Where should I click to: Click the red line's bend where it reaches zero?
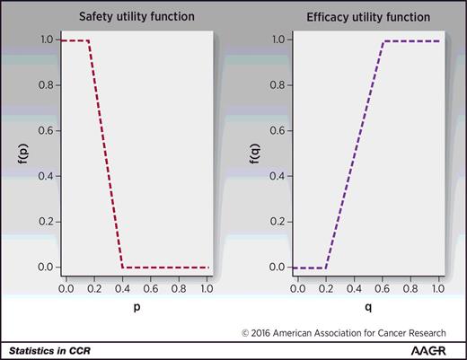click(x=123, y=268)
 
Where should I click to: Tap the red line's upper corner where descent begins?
click(x=90, y=40)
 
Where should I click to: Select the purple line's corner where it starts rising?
click(x=327, y=268)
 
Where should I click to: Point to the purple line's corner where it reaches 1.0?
click(x=384, y=40)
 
